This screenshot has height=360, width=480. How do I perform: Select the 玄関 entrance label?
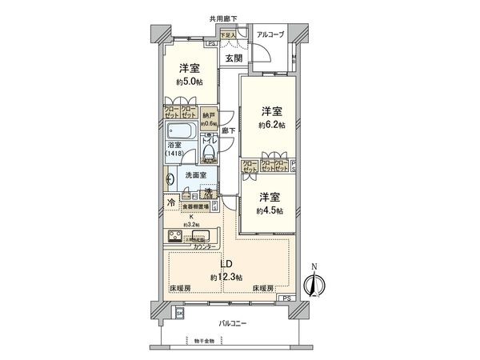pyautogui.click(x=234, y=59)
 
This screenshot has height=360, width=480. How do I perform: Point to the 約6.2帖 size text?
pyautogui.click(x=270, y=125)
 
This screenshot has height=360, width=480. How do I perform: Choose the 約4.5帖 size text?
pyautogui.click(x=270, y=210)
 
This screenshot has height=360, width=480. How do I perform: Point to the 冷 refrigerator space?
pyautogui.click(x=172, y=203)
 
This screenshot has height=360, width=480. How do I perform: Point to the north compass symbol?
pyautogui.click(x=315, y=282)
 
